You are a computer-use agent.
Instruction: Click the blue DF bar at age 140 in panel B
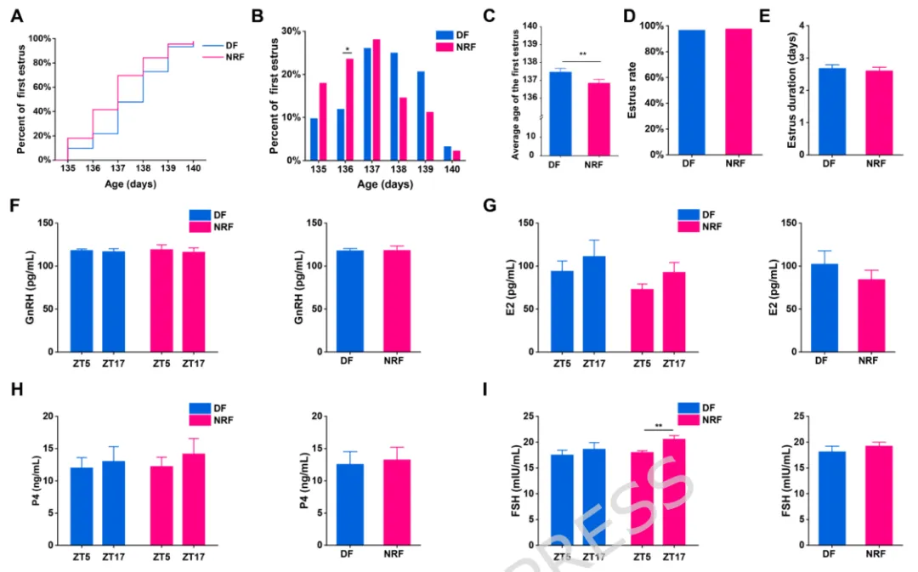(x=448, y=153)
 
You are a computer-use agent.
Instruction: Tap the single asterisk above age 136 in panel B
(x=346, y=49)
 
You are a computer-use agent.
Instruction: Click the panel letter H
(x=16, y=394)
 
